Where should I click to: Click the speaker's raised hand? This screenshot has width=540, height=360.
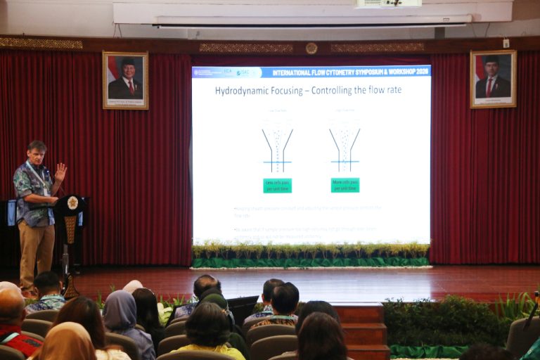click(60, 172)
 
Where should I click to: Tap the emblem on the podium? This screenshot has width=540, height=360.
click(72, 202)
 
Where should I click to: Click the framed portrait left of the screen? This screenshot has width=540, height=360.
click(125, 80)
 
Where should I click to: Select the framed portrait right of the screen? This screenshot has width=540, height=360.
click(493, 79)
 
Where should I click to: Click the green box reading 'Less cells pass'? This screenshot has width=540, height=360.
click(277, 186)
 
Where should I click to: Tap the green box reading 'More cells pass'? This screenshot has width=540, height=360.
click(345, 185)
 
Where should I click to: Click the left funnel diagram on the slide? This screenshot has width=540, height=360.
click(277, 148)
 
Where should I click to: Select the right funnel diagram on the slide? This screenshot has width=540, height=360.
click(345, 148)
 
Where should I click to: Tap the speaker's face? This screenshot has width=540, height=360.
click(38, 155)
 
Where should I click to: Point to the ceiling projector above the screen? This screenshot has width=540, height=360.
click(389, 4)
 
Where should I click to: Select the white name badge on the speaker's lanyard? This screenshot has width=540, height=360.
click(46, 191)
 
